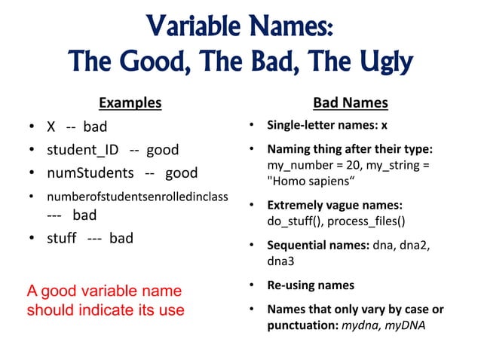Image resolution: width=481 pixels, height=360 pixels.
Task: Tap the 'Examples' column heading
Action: click(130, 102)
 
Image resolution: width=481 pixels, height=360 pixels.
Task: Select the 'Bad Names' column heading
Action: click(351, 102)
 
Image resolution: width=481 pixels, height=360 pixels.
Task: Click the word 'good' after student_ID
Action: click(162, 150)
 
